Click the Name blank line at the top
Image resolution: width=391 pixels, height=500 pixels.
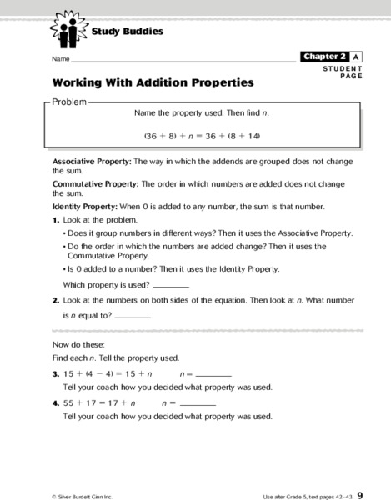(183, 61)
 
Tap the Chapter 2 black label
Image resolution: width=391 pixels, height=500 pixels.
(324, 57)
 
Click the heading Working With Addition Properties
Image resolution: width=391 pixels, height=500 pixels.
(153, 83)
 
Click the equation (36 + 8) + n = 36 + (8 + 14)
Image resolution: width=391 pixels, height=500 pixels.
(203, 134)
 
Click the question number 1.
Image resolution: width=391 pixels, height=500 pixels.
(56, 219)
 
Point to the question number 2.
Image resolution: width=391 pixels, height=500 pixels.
(56, 299)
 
